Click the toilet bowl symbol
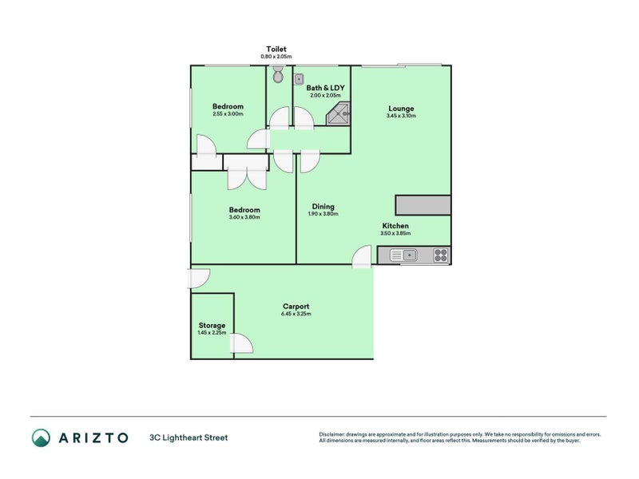pyautogui.click(x=277, y=75)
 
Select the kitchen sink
pyautogui.click(x=407, y=255)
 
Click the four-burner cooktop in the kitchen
pyautogui.click(x=440, y=255)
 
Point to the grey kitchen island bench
pyautogui.click(x=423, y=204)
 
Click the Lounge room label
pyautogui.click(x=401, y=109)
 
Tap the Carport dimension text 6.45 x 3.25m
pyautogui.click(x=296, y=315)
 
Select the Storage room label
pyautogui.click(x=212, y=325)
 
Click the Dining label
pyautogui.click(x=323, y=207)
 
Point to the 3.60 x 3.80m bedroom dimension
pyautogui.click(x=244, y=217)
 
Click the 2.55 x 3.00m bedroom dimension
pyautogui.click(x=228, y=114)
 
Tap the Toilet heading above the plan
pyautogui.click(x=276, y=49)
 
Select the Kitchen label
pyautogui.click(x=395, y=226)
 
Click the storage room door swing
pyautogui.click(x=242, y=344)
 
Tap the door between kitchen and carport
pyautogui.click(x=362, y=255)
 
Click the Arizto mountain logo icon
pyautogui.click(x=41, y=437)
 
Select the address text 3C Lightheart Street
pyautogui.click(x=188, y=437)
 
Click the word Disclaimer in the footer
pyautogui.click(x=332, y=434)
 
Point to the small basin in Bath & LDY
pyautogui.click(x=298, y=79)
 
